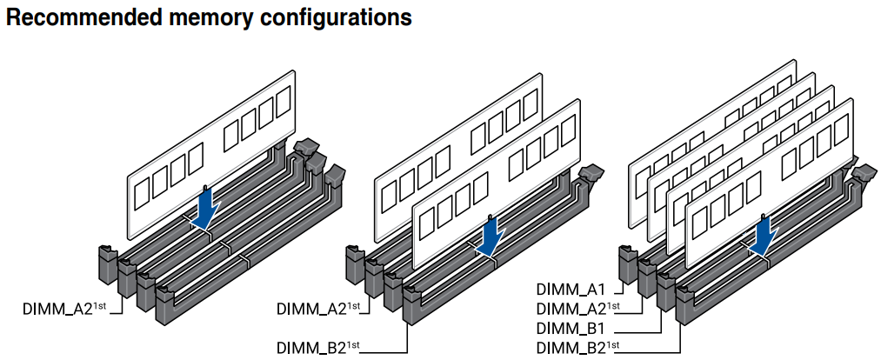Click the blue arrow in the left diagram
[x=206, y=210]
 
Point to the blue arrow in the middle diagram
[x=490, y=236]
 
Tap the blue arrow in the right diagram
[x=764, y=237]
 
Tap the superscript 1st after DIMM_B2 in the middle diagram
[x=353, y=345]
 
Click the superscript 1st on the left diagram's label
[x=99, y=305]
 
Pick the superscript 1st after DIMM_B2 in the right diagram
[x=614, y=345]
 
